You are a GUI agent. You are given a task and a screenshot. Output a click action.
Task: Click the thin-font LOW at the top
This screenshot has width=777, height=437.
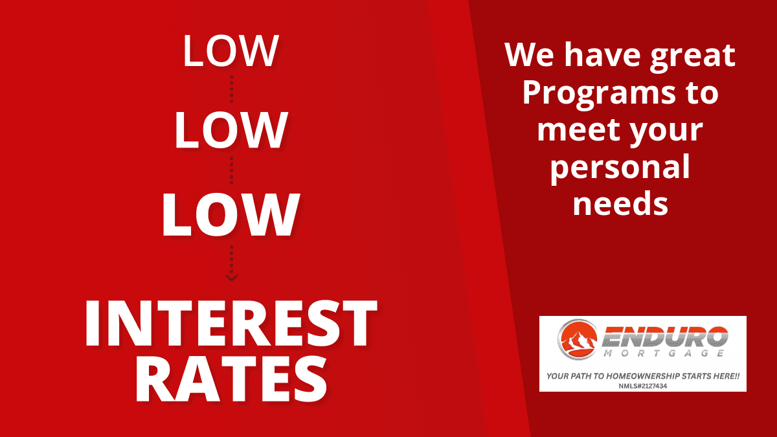pos(231,50)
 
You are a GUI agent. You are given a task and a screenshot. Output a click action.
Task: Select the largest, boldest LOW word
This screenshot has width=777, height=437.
pos(231,215)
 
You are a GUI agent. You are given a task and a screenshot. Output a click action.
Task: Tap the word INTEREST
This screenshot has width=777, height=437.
pos(231,323)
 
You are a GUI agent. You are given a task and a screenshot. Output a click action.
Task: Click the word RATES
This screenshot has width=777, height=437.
pos(231,380)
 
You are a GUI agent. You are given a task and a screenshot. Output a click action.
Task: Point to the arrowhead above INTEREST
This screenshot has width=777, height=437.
pos(231,278)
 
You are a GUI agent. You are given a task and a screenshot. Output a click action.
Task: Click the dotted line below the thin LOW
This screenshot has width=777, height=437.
pos(231,89)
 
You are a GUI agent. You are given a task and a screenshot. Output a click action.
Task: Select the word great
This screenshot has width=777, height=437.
pos(693,56)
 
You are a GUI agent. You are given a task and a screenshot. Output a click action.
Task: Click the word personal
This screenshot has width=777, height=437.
pos(620,168)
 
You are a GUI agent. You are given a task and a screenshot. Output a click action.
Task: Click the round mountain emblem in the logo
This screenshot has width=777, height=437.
pos(578,339)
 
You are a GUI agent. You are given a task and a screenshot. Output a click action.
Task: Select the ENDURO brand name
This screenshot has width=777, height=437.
pos(665,337)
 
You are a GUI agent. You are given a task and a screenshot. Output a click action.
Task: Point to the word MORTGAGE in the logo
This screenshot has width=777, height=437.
pos(664,353)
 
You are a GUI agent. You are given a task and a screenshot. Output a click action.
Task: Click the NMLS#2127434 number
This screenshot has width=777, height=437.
pos(643,386)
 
